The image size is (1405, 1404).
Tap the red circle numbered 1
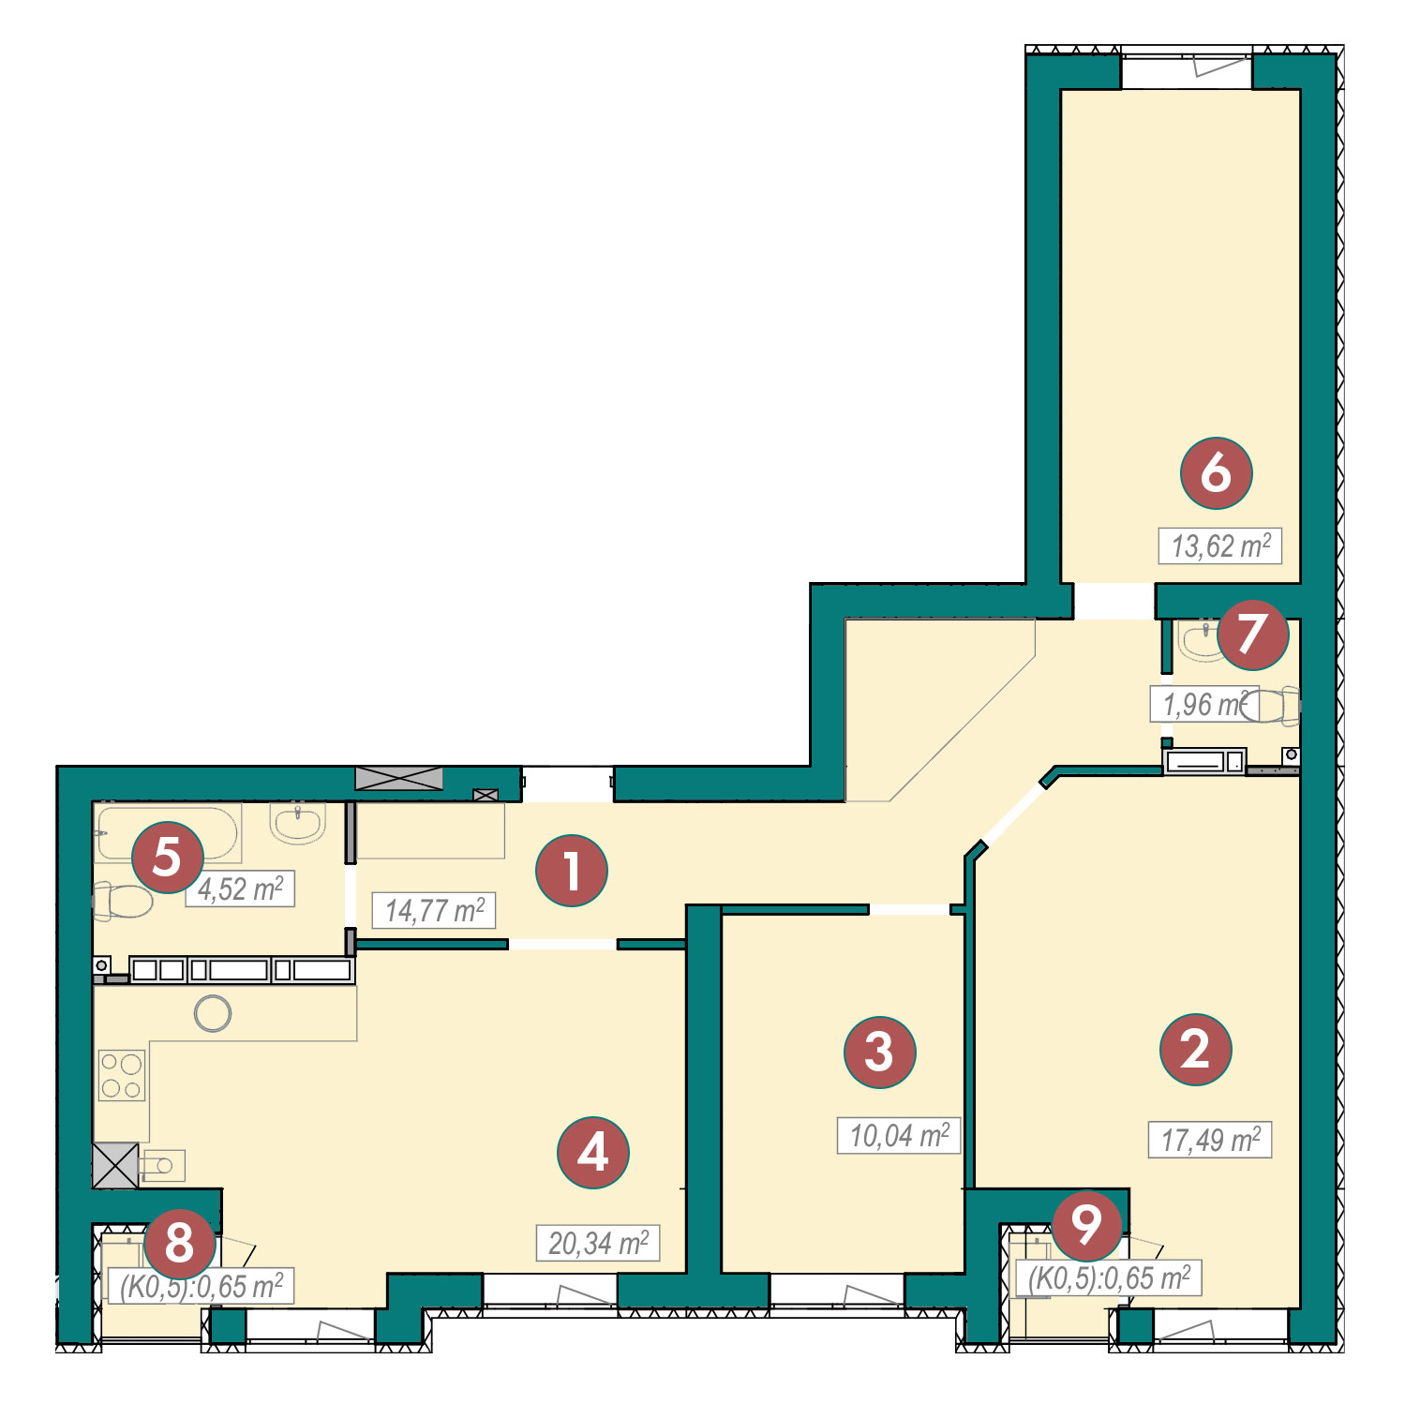(572, 870)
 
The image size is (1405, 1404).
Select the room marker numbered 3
(879, 1052)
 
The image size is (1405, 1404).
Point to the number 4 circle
(592, 1152)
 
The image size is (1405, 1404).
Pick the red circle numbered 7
(1253, 635)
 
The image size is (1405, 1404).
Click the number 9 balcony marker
(1086, 1224)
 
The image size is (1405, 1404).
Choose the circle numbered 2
(1195, 1049)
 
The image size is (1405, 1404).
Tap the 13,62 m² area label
(1220, 545)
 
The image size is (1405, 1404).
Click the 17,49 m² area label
(1210, 1140)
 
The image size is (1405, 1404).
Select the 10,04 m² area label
(899, 1135)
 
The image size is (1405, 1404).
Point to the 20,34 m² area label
(598, 1244)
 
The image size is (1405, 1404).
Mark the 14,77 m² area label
(434, 910)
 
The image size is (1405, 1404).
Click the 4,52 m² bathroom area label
(240, 889)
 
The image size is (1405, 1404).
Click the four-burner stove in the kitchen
(122, 1075)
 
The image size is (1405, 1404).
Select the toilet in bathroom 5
(122, 903)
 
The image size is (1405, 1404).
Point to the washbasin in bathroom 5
(298, 823)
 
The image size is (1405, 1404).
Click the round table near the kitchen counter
(213, 1013)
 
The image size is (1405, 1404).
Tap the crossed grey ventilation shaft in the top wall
(399, 778)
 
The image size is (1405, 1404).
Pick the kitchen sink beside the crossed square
(161, 1165)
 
